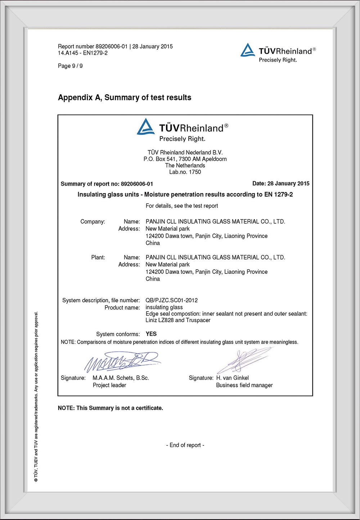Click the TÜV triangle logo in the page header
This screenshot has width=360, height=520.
(248, 50)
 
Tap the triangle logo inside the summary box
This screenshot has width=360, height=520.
(146, 127)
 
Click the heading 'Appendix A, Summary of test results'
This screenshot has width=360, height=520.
(125, 98)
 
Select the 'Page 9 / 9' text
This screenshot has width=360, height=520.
(70, 66)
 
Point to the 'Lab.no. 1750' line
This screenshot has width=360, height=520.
(185, 172)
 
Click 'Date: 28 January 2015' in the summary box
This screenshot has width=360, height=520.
(281, 184)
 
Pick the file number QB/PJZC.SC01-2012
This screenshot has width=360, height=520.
(171, 300)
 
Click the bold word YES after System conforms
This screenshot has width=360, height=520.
(151, 334)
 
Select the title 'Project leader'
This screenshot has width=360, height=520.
(109, 385)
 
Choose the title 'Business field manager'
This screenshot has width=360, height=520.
(244, 385)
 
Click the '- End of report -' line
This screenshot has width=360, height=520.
(185, 445)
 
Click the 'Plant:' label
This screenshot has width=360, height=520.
(98, 257)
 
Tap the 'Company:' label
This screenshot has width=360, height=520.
(93, 222)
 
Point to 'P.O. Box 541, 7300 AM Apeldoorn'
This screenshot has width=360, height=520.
(185, 159)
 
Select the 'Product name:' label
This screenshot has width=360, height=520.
(122, 308)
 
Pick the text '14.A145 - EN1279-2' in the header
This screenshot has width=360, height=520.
(82, 53)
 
